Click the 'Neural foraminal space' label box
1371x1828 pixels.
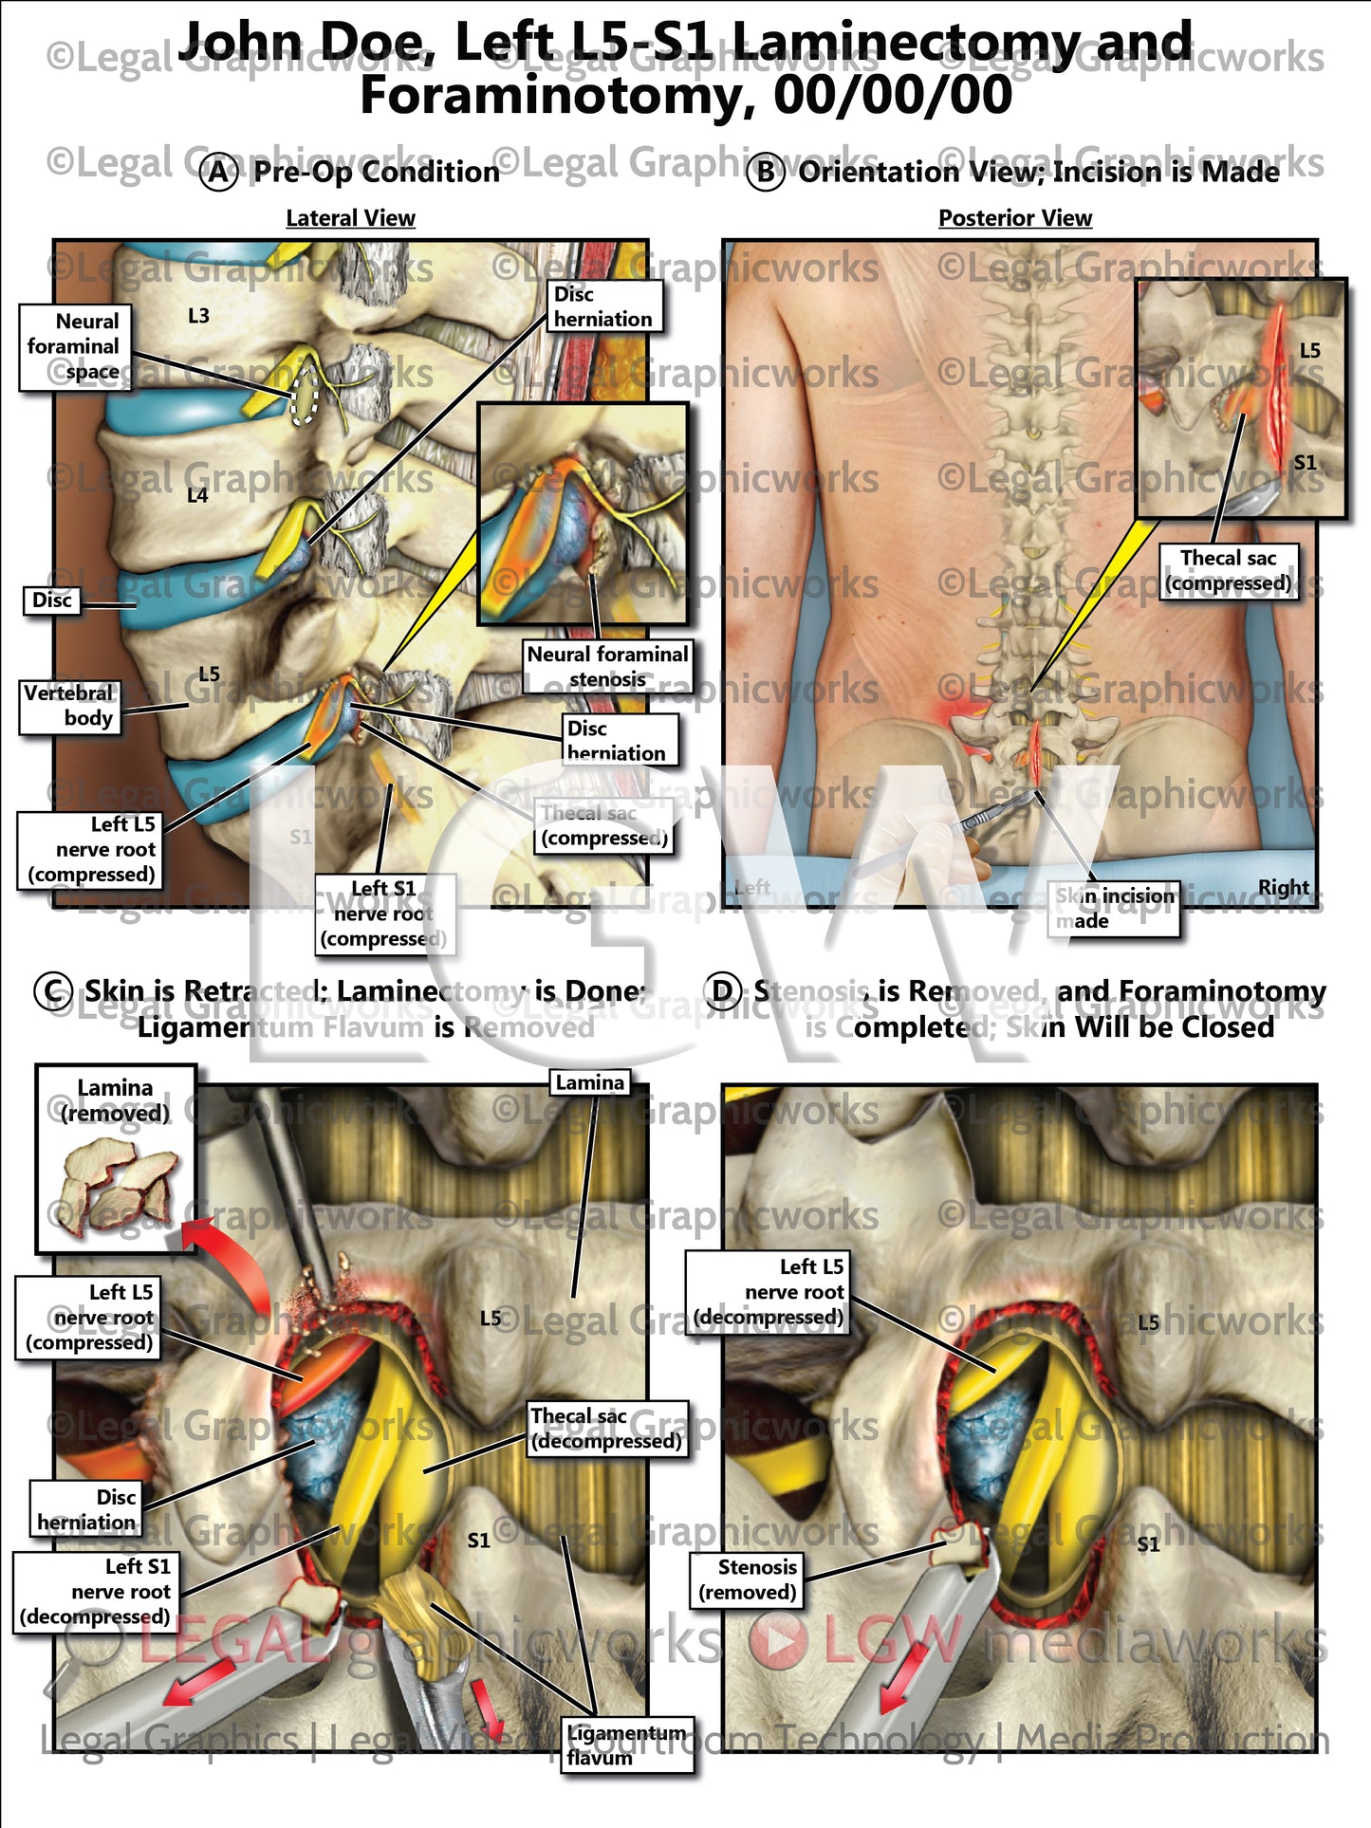point(74,347)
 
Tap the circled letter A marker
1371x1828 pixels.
point(219,173)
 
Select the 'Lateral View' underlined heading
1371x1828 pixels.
point(350,218)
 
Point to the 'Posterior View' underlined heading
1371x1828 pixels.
point(1014,218)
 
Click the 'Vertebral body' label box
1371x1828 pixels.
point(69,706)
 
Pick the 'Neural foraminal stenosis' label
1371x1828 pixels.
point(607,666)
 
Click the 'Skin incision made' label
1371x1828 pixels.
point(1113,909)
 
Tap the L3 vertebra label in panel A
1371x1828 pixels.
point(198,316)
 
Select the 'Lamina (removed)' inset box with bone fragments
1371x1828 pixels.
point(116,1158)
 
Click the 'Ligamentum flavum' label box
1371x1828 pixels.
point(626,1745)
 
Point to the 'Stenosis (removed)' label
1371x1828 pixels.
point(748,1579)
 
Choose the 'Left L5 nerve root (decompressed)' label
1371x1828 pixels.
point(768,1292)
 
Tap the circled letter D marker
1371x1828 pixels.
point(723,991)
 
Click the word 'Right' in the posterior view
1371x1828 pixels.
point(1283,888)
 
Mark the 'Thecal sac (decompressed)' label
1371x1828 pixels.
point(605,1429)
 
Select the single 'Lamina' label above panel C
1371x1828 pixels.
point(589,1082)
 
